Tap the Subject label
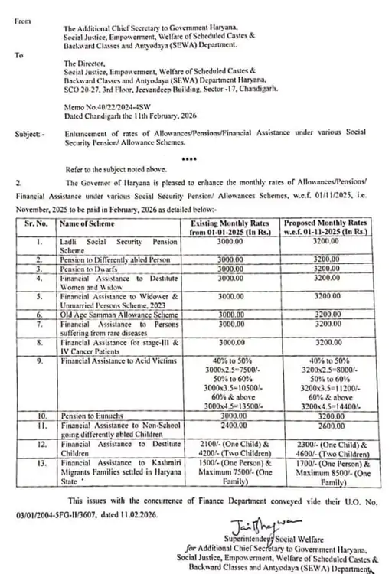29,134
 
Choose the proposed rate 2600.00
326,421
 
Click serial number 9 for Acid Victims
38,360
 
